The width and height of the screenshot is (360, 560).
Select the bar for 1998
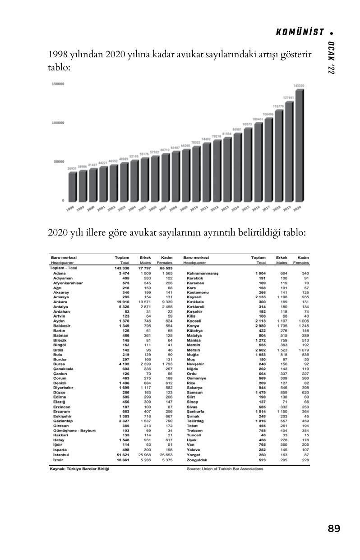coord(72,187)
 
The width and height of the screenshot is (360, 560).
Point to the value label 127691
coord(289,97)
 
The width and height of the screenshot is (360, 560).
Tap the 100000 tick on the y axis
coord(58,123)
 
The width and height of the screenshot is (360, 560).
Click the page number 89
coord(334,528)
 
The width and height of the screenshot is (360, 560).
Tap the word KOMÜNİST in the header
coord(300,32)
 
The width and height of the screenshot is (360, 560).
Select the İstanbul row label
coord(61,455)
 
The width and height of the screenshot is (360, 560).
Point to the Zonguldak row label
coord(197,460)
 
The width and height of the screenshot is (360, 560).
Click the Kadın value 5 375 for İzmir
coord(167,460)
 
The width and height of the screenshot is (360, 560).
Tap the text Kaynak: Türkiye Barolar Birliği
coord(80,468)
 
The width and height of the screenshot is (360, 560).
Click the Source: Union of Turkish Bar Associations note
coord(225,468)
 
